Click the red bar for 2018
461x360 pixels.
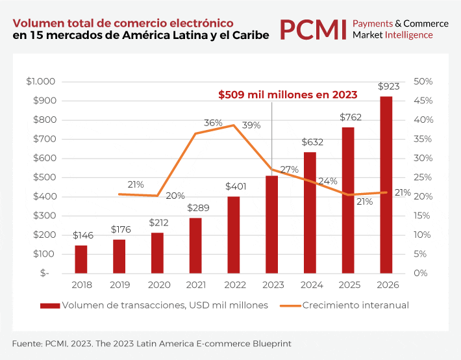coord(81,259)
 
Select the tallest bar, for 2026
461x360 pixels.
coord(386,185)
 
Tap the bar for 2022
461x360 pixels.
coord(233,235)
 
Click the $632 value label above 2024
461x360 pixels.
coord(310,142)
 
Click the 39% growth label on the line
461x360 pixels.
coord(251,125)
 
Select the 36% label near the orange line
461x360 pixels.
coord(213,122)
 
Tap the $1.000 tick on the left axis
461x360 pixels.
coord(40,81)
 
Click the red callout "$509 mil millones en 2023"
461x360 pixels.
coord(288,94)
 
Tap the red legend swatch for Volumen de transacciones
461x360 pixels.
coord(49,305)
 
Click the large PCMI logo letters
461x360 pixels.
coord(312,29)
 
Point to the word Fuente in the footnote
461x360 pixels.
coord(26,342)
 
